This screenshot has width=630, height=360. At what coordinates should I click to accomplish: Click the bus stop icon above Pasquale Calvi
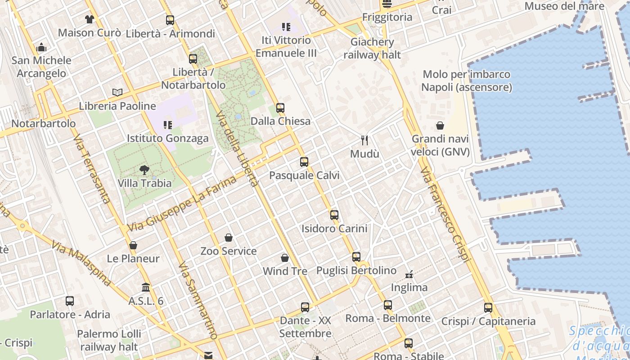304,162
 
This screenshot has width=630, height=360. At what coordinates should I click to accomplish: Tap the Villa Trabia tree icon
144,170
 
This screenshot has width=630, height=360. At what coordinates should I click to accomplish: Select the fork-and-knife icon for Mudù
364,140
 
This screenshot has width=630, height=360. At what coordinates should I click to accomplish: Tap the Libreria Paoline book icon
117,93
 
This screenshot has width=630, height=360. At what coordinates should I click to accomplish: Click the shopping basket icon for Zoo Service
229,238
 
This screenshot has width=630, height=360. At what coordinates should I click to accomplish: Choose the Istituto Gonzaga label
168,138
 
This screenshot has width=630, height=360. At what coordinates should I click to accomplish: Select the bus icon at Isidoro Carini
334,215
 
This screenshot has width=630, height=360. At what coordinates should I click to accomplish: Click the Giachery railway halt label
372,49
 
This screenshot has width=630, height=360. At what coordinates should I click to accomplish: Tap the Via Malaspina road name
81,263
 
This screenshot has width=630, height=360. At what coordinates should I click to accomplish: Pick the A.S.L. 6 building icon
146,287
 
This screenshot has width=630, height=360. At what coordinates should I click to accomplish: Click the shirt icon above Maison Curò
90,19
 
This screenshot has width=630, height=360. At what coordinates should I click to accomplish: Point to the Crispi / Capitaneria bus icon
488,308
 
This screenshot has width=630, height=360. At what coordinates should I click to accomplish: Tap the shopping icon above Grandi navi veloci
440,126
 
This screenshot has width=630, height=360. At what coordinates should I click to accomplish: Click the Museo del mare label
564,6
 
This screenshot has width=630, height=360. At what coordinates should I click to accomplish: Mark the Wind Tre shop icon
285,258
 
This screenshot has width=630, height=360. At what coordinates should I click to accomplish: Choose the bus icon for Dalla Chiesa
280,108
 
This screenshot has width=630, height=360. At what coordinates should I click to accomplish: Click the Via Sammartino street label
198,301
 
